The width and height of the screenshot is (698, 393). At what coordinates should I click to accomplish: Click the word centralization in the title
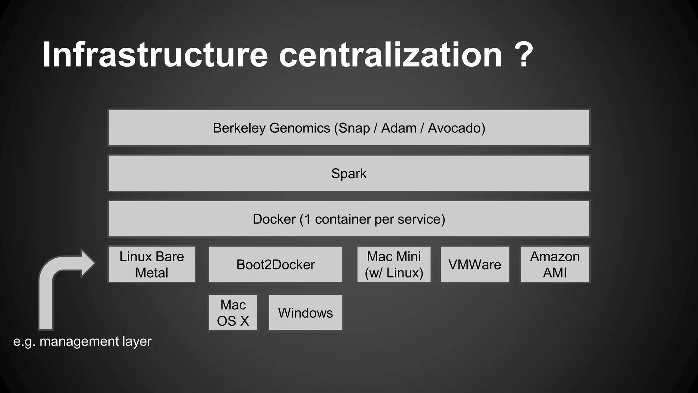tap(391, 55)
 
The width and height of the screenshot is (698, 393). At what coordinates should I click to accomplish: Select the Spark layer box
tap(349, 173)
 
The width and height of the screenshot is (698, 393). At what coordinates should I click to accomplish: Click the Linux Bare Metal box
tap(152, 264)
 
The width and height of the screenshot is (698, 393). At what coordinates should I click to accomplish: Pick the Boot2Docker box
tap(275, 264)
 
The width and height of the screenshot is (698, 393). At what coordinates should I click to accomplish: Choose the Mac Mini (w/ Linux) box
tap(394, 264)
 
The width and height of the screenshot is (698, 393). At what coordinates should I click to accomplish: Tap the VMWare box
tap(474, 264)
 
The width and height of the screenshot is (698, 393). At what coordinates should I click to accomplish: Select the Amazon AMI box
tap(555, 264)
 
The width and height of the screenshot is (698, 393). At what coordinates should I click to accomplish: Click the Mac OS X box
tap(233, 312)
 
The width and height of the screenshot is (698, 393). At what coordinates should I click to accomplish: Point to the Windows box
tap(305, 312)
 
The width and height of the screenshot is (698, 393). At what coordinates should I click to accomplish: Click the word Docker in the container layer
tap(274, 219)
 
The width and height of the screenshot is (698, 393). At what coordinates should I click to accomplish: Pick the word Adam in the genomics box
tap(399, 128)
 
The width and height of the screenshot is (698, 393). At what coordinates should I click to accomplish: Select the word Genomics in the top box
tap(300, 128)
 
